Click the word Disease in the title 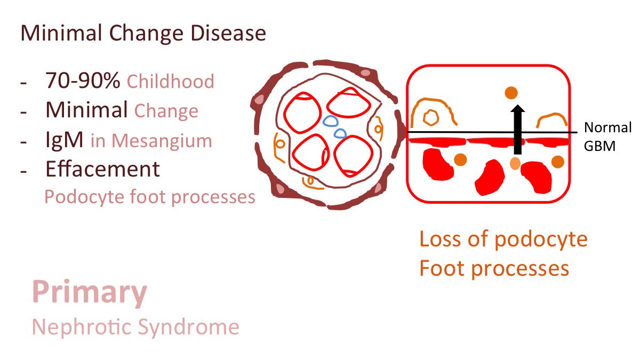pyautogui.click(x=228, y=33)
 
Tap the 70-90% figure pyautogui.click(x=83, y=81)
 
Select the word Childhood pyautogui.click(x=171, y=82)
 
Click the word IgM pyautogui.click(x=65, y=139)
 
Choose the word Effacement pyautogui.click(x=102, y=169)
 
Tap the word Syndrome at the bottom pyautogui.click(x=189, y=327)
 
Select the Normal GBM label pyautogui.click(x=607, y=137)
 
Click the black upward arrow pyautogui.click(x=517, y=130)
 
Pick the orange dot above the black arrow pyautogui.click(x=511, y=93)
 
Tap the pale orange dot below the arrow pyautogui.click(x=515, y=163)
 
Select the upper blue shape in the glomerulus pyautogui.click(x=331, y=121)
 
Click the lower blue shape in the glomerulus pyautogui.click(x=341, y=133)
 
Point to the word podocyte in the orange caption pyautogui.click(x=541, y=240)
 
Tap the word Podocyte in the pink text pyautogui.click(x=85, y=198)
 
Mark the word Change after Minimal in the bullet pyautogui.click(x=166, y=111)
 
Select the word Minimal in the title pyautogui.click(x=61, y=33)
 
